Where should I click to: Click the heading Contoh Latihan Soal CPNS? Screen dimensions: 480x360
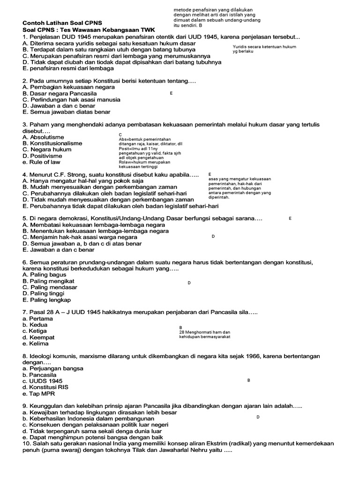tap(62, 22)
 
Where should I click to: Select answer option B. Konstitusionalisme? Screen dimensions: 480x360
tap(52, 143)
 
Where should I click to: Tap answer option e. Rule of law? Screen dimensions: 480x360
tap(41, 162)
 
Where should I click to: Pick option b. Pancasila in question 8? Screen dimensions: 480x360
tap(39, 375)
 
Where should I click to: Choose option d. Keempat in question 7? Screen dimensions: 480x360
tap(38, 337)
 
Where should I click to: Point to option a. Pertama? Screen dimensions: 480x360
tap(37, 319)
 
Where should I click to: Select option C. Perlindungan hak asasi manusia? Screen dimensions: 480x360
tap(71, 100)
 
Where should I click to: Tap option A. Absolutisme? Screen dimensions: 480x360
tap(44, 137)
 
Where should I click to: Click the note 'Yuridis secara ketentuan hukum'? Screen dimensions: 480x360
tap(264, 47)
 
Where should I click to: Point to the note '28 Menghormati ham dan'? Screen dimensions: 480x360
tap(205, 332)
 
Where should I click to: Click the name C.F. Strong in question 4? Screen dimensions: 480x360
tap(71, 175)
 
